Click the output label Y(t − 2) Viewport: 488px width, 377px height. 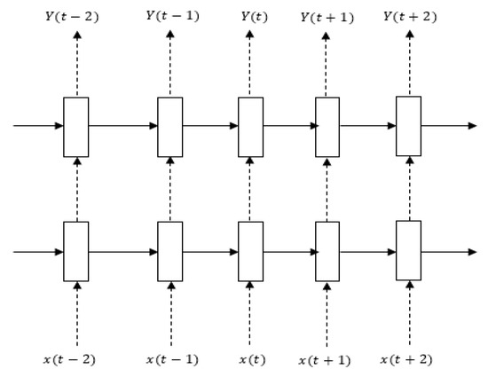(x=72, y=17)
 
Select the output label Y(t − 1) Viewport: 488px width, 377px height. (x=173, y=16)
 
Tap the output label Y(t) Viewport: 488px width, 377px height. (x=255, y=17)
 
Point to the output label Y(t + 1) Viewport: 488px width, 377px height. (x=327, y=18)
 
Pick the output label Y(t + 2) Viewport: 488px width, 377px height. (x=410, y=16)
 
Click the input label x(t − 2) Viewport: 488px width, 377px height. (x=69, y=359)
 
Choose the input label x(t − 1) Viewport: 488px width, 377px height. (x=172, y=359)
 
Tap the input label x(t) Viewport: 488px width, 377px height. (x=252, y=359)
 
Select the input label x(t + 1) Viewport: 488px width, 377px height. (x=325, y=360)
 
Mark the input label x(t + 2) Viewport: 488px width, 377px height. (x=406, y=359)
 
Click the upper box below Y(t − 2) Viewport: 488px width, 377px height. (x=76, y=127)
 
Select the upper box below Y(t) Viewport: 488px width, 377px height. (x=251, y=127)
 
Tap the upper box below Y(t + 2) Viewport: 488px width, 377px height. (x=409, y=126)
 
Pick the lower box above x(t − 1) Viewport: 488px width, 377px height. (x=170, y=251)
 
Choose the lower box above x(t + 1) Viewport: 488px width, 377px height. (x=327, y=251)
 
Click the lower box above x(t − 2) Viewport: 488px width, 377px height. (x=76, y=251)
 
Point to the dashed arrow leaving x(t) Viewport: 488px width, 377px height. (x=249, y=313)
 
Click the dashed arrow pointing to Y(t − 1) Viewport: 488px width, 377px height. (x=170, y=62)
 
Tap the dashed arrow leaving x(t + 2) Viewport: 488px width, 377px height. (x=410, y=312)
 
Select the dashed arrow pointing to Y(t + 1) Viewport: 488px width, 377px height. (x=326, y=64)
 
